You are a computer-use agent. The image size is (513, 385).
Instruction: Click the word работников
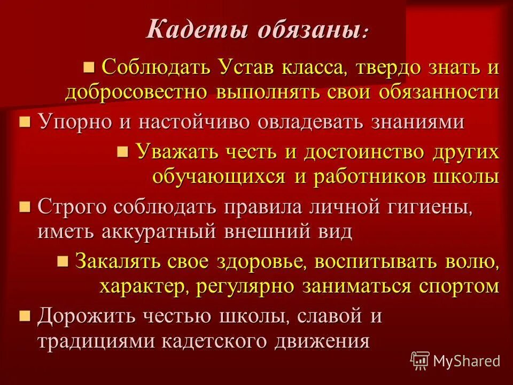click(368, 176)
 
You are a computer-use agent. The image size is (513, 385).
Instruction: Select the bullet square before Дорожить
click(25, 316)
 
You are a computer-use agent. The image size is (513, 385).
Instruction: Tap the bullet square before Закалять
click(63, 261)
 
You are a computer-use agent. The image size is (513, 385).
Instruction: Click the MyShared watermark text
click(467, 361)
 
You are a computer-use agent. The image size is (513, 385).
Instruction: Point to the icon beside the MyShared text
click(420, 361)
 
